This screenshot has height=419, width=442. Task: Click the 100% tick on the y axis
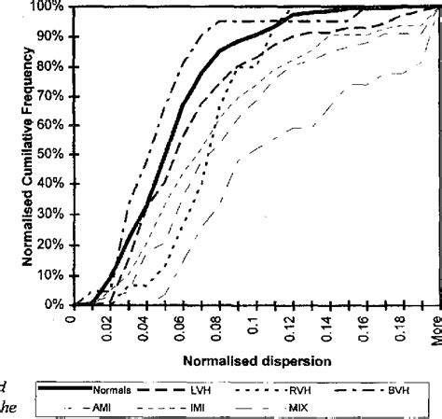tap(49, 7)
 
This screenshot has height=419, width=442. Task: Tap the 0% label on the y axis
tap(55, 305)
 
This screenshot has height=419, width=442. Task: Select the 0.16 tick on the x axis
tap(365, 330)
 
